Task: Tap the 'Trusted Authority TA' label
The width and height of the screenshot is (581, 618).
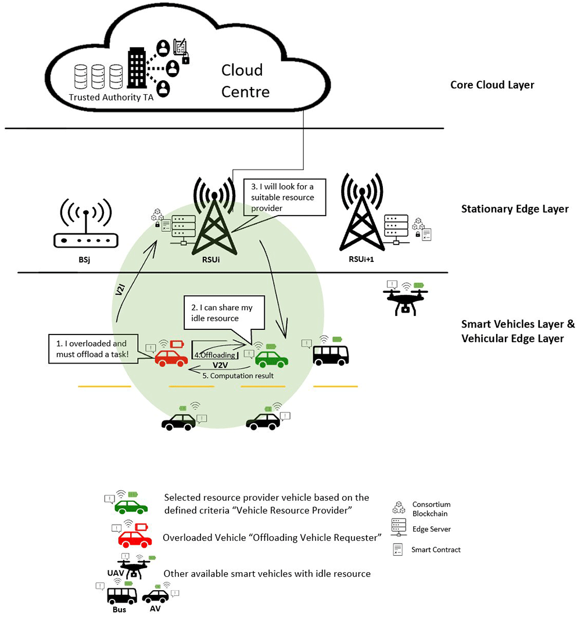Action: [x=111, y=98]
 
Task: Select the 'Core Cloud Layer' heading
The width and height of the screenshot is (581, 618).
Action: [x=492, y=85]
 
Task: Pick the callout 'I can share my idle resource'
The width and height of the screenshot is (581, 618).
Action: [x=225, y=312]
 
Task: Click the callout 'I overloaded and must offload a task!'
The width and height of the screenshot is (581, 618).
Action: [x=95, y=348]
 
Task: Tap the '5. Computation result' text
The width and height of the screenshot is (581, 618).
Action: [x=236, y=376]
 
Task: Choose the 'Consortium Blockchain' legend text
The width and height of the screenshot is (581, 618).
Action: [x=431, y=509]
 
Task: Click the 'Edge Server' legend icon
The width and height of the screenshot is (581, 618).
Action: [x=399, y=528]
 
